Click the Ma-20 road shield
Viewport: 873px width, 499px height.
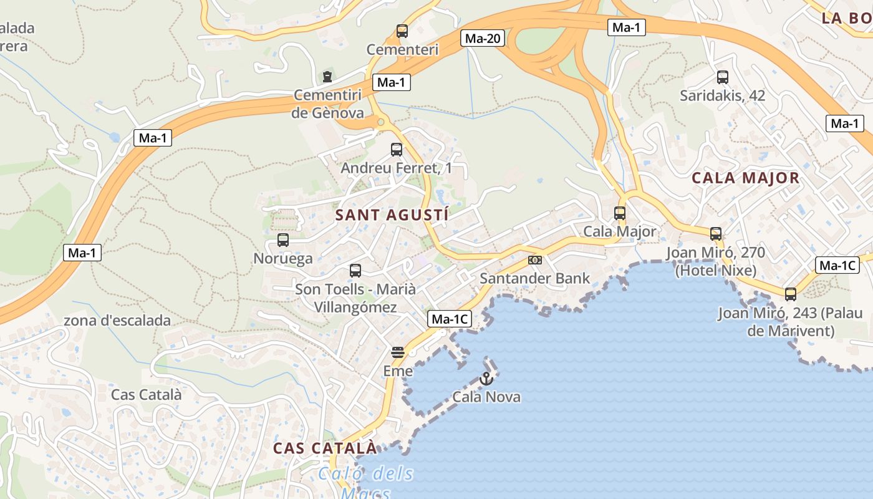click(483, 39)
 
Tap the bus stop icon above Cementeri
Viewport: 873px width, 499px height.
click(402, 31)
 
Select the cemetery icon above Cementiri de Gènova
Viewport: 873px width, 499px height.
click(327, 77)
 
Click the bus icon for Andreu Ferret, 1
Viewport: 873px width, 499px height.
click(397, 150)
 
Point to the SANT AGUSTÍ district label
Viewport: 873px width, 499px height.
click(392, 215)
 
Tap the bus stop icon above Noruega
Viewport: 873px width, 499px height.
click(283, 240)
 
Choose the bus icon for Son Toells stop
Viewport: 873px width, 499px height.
click(355, 271)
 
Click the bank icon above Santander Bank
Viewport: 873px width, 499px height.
click(535, 260)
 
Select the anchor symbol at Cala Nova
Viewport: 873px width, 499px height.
click(486, 378)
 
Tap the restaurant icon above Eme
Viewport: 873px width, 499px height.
click(398, 352)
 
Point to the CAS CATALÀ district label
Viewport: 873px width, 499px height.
click(325, 448)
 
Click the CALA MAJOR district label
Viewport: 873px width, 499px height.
click(745, 178)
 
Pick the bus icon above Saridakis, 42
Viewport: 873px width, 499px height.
click(723, 77)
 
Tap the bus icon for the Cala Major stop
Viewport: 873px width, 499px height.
click(620, 213)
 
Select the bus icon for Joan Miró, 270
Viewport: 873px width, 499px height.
click(716, 234)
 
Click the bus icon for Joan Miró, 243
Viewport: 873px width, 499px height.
click(791, 294)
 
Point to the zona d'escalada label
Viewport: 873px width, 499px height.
click(117, 321)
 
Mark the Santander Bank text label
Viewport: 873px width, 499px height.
click(535, 278)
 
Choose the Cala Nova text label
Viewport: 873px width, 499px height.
click(486, 397)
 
